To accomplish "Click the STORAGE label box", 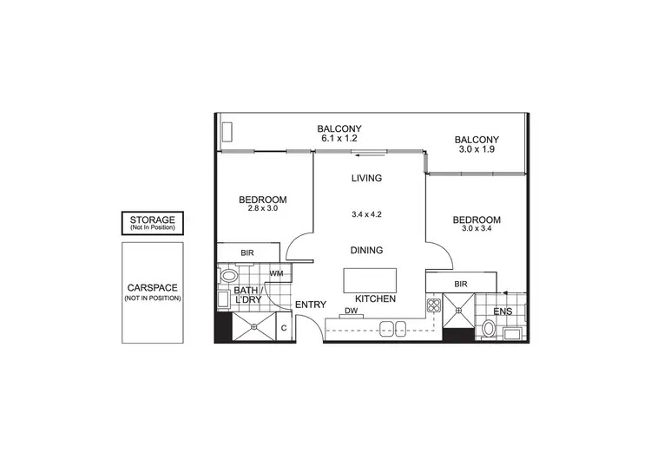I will click(152, 223).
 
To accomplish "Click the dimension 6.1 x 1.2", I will click(339, 138).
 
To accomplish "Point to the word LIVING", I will click(366, 179).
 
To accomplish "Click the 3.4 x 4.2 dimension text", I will click(365, 213).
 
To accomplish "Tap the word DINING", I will click(366, 250).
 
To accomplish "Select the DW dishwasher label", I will click(352, 311).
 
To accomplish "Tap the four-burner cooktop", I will click(433, 306).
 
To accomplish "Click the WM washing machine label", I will click(276, 273).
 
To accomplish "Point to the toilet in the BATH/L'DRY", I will click(228, 276).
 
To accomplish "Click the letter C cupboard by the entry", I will click(284, 328).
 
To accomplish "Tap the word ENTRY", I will click(310, 305).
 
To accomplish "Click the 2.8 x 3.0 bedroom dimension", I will click(262, 209).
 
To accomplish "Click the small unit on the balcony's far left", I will click(227, 131).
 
